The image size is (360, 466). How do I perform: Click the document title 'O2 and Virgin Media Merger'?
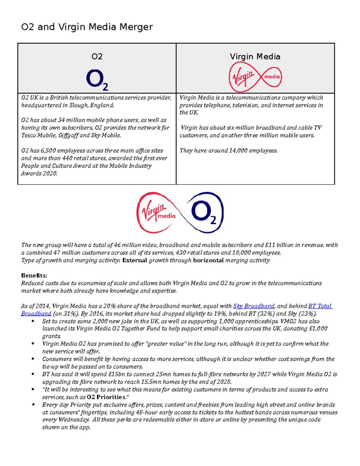click(x=87, y=27)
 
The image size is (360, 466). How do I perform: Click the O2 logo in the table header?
click(x=97, y=80)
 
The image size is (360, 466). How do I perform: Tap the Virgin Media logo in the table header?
click(x=255, y=77)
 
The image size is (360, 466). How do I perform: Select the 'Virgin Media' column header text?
click(x=255, y=57)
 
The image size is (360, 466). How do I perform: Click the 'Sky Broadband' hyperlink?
click(x=253, y=306)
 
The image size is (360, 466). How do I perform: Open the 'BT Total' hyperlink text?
click(x=320, y=306)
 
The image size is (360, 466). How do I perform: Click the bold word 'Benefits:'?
click(x=34, y=275)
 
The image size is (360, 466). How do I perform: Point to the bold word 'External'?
click(x=135, y=260)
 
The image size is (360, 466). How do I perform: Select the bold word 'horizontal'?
click(x=208, y=260)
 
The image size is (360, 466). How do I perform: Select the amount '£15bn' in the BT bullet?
click(x=117, y=374)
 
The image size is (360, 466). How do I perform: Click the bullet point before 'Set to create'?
click(x=33, y=321)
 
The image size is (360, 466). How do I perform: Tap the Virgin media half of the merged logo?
click(x=157, y=212)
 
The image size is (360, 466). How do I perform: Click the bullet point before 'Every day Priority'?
click(x=33, y=405)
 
